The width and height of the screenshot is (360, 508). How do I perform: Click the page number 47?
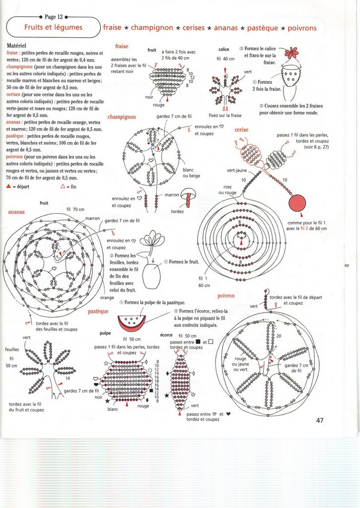320,421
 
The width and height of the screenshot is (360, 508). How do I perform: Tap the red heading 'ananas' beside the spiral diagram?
16,212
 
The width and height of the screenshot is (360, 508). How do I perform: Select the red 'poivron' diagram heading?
226,296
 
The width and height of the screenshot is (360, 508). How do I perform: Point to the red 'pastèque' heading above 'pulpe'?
98,312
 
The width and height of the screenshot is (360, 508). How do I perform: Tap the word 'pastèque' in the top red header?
262,28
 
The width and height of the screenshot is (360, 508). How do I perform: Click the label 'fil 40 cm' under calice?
225,59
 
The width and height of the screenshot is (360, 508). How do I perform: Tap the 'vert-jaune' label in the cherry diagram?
237,170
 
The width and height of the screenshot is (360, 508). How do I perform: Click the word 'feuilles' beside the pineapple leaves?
12,349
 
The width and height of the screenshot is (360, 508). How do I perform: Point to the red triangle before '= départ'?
9,187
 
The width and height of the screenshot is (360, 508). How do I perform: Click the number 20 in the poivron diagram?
279,336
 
